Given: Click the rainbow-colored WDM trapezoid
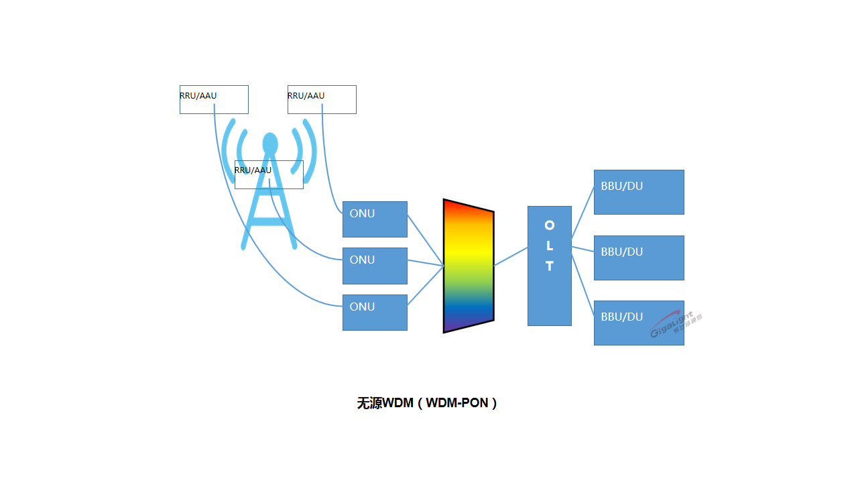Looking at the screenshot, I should click(468, 266).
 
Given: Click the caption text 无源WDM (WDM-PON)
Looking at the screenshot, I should click(427, 403).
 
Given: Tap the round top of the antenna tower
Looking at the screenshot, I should click(270, 144).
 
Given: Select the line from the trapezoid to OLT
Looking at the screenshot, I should click(511, 257).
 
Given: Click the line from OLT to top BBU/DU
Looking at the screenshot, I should click(583, 212).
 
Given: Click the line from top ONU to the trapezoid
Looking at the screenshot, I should click(425, 239).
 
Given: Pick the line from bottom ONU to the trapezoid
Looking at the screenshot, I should click(425, 286).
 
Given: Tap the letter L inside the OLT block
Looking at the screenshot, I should click(550, 246).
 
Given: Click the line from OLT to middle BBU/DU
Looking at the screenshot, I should click(583, 250).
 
